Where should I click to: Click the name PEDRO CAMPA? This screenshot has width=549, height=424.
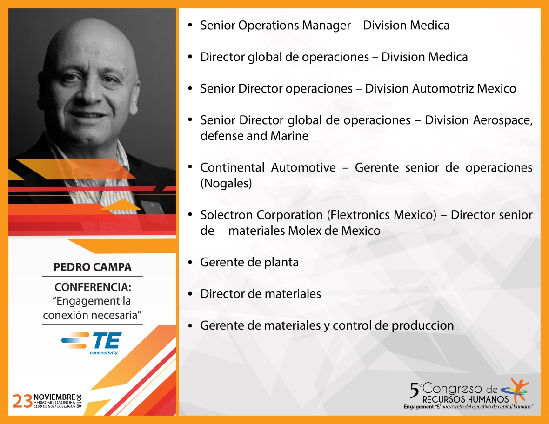(93, 267)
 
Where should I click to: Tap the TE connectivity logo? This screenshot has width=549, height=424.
(91, 343)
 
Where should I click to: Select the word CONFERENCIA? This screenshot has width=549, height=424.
(93, 287)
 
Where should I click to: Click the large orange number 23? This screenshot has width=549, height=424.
(22, 401)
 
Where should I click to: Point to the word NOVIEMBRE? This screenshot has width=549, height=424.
(54, 397)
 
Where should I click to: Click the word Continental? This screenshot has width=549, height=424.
(232, 167)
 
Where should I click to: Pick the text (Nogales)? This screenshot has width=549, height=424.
(226, 183)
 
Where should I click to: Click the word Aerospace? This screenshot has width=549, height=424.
(503, 120)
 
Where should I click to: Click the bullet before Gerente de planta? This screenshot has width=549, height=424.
(190, 262)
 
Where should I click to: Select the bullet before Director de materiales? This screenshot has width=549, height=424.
(190, 294)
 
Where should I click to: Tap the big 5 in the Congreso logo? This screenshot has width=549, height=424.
(415, 391)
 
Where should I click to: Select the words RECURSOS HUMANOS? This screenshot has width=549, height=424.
(465, 399)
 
